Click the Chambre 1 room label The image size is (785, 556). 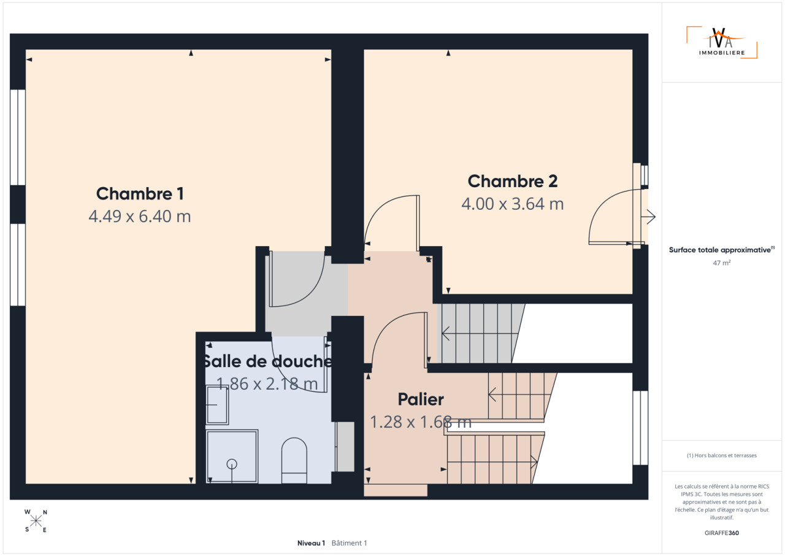(x=140, y=194)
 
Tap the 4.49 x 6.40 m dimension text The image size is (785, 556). (x=140, y=216)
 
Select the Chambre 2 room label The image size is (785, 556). (x=512, y=181)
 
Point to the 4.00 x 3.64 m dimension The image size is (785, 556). (x=512, y=204)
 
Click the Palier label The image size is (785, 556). (x=421, y=400)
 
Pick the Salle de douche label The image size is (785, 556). (x=268, y=361)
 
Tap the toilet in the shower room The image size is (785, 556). (x=294, y=460)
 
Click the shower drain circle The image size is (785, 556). (x=232, y=464)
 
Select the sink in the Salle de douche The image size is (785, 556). (x=217, y=405)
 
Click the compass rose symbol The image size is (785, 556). (x=36, y=521)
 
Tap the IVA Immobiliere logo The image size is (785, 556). (x=721, y=43)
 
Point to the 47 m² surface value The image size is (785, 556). (x=722, y=263)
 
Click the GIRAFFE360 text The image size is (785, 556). (x=722, y=533)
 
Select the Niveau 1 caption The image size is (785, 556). (x=311, y=543)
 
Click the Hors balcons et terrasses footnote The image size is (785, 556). (x=722, y=455)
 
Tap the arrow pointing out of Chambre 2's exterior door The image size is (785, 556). (x=648, y=217)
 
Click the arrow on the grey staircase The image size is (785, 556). (x=480, y=333)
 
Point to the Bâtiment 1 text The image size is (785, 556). (x=349, y=543)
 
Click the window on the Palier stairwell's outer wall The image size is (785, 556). (x=640, y=428)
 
